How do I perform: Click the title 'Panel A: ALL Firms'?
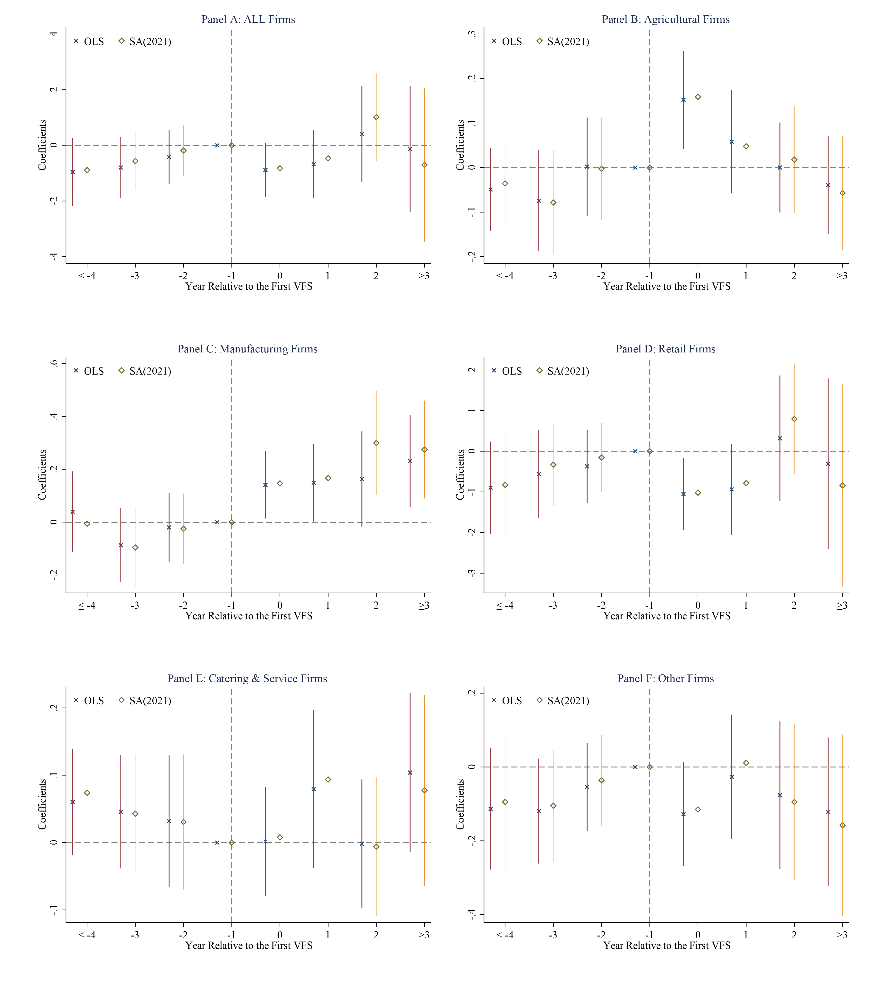(x=248, y=20)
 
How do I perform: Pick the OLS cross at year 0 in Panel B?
(x=683, y=100)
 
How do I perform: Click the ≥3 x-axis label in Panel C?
(x=424, y=606)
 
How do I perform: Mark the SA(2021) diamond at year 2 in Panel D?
(x=794, y=419)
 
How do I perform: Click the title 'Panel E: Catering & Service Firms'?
(x=247, y=678)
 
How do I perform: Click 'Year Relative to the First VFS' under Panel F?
(x=667, y=946)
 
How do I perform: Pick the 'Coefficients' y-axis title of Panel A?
(x=42, y=145)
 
